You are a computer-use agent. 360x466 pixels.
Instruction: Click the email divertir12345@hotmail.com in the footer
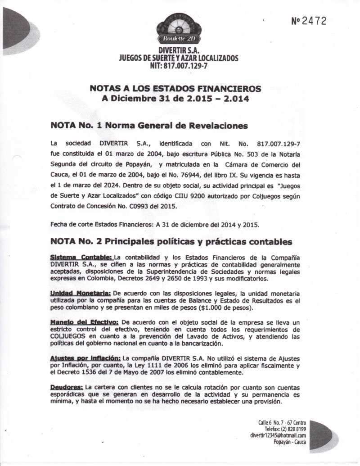(x=278, y=435)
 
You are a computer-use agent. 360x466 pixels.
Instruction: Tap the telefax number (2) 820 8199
(x=293, y=429)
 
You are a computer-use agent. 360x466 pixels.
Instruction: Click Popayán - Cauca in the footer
(x=289, y=442)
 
